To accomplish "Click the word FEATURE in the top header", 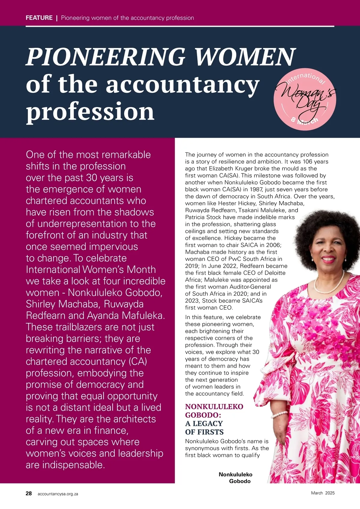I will [39, 18].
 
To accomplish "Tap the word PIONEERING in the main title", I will [105, 57].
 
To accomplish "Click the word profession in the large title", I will [90, 111].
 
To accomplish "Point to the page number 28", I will [29, 493].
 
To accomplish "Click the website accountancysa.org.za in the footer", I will [58, 494].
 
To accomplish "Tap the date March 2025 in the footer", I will [322, 493].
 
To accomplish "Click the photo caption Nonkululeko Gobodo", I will [236, 478].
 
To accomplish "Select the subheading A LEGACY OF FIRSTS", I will [204, 428].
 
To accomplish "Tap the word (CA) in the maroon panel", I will [138, 361].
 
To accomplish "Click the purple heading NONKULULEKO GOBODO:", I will [214, 411].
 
